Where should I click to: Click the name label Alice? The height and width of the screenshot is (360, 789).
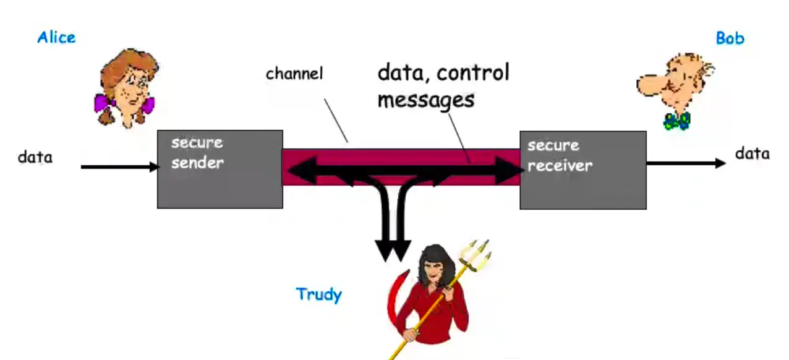[56, 37]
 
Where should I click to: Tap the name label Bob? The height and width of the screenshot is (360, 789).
[730, 38]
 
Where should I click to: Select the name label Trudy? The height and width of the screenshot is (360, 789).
[318, 294]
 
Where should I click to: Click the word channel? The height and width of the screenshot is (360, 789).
[294, 74]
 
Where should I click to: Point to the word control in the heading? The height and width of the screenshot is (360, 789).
[472, 73]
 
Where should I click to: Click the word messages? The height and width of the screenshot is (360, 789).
[425, 99]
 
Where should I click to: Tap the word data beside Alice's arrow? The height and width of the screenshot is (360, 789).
[35, 157]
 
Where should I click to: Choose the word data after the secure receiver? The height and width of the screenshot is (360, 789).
[752, 153]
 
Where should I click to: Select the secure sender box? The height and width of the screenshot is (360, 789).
[220, 169]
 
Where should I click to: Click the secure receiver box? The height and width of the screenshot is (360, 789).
[582, 169]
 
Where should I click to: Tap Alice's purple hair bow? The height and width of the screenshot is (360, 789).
[103, 102]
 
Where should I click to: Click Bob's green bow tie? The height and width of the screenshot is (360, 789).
[676, 120]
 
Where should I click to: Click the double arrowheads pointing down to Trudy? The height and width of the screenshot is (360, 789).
[393, 250]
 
